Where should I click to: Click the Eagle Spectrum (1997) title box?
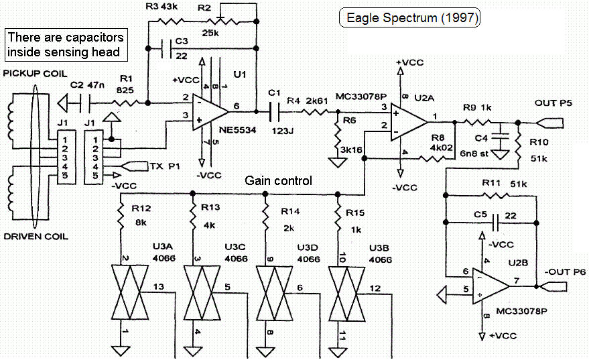tap(411, 18)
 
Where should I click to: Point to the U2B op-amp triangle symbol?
tap(490, 284)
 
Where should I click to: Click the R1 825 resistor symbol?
tap(123, 103)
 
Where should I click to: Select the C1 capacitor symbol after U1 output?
tap(273, 111)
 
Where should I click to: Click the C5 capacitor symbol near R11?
tap(497, 220)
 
